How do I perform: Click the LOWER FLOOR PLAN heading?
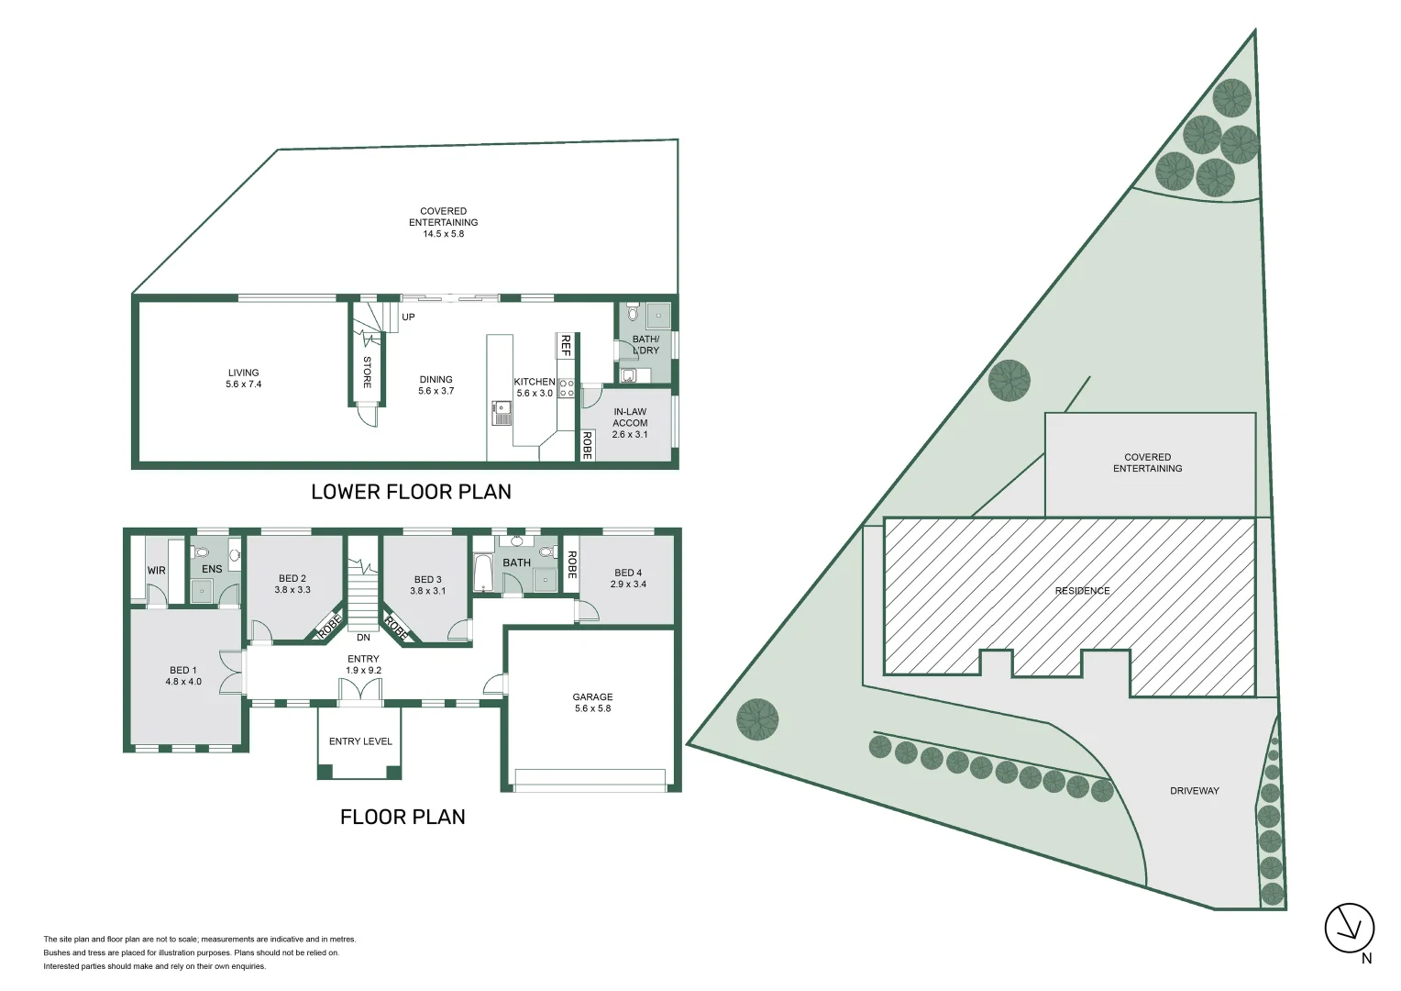tap(411, 492)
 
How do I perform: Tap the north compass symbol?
tap(1350, 928)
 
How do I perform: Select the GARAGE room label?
tap(592, 697)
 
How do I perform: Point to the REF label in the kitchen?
tap(566, 346)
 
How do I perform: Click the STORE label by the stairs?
tap(367, 372)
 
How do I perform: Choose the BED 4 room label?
tap(628, 573)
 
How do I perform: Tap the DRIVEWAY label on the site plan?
tap(1194, 790)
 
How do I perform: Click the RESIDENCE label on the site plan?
tap(1082, 591)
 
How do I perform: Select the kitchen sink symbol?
tap(501, 412)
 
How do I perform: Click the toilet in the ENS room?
tap(203, 552)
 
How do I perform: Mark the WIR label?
tap(157, 570)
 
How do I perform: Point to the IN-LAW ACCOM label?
tap(630, 418)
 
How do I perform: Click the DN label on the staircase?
tap(363, 637)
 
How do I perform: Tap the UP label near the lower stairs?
tap(409, 317)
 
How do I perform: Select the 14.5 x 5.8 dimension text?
tap(443, 234)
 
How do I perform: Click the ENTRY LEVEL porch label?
tap(360, 741)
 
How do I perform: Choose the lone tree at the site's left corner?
tap(758, 719)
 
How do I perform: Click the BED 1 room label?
tap(182, 671)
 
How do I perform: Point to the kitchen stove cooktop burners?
tap(566, 387)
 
